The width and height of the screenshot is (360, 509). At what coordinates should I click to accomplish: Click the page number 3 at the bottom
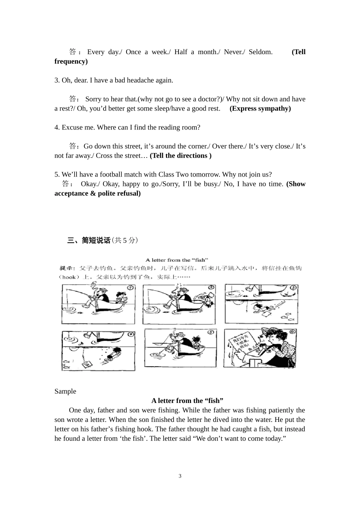point(180,476)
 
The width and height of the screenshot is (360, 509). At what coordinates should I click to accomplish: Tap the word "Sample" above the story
point(65,391)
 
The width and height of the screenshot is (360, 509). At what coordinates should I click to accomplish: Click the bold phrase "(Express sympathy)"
point(260,108)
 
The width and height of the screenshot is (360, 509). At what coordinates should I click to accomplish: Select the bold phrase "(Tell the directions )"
point(180,156)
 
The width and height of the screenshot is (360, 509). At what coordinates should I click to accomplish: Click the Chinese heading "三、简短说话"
point(89,240)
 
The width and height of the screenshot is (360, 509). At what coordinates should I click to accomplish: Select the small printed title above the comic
point(177,260)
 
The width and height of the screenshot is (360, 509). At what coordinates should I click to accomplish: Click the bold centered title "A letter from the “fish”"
point(187,401)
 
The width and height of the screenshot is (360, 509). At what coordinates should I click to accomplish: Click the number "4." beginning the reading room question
point(57,127)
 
